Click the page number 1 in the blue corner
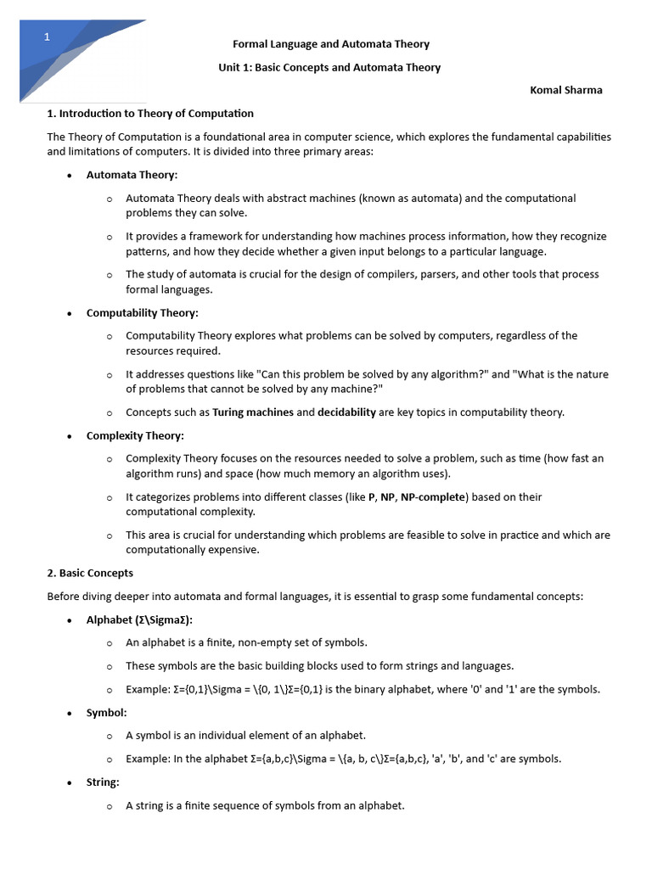[48, 36]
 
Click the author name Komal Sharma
[565, 90]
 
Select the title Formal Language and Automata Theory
[331, 44]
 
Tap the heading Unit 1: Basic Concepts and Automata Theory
[329, 67]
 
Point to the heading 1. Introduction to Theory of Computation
[150, 113]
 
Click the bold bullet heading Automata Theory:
[132, 175]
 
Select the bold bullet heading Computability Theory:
[142, 313]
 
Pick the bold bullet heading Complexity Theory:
[134, 435]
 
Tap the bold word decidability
[346, 412]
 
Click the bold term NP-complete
[433, 496]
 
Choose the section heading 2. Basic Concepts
[90, 573]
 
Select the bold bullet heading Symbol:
[106, 712]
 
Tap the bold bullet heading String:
[103, 782]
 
